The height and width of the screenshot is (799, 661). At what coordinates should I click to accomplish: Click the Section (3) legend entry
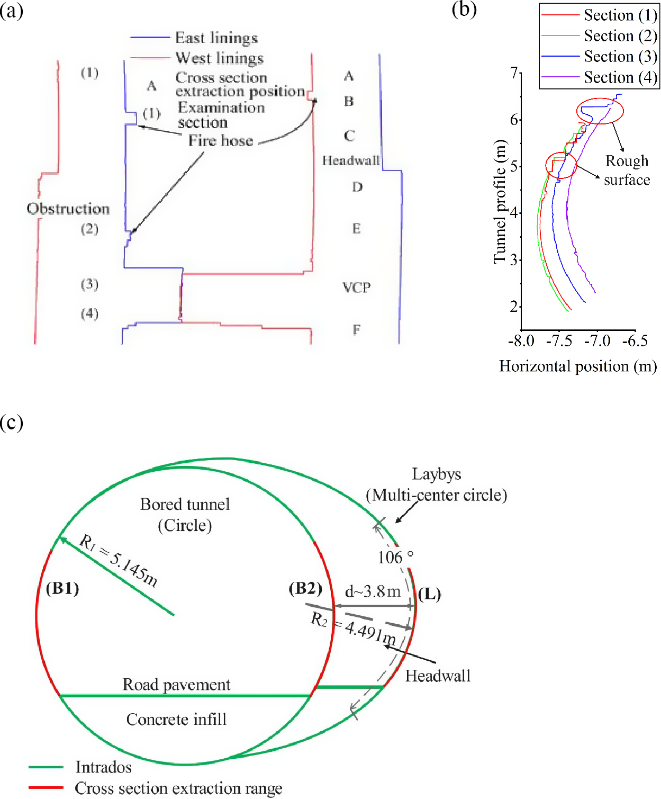[600, 57]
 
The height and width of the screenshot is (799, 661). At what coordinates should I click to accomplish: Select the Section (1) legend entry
[600, 15]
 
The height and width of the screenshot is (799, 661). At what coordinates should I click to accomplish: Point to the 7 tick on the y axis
[514, 73]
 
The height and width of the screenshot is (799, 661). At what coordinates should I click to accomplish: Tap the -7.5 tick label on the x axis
[559, 340]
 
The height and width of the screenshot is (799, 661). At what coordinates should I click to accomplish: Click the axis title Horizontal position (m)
[578, 366]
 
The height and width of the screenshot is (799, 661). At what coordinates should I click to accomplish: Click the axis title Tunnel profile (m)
[500, 202]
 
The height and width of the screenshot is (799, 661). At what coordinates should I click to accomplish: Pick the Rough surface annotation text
[627, 170]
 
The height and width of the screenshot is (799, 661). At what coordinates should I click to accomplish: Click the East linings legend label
[216, 38]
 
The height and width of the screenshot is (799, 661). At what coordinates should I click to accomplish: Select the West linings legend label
[220, 58]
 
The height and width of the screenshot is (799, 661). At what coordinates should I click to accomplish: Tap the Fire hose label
[221, 141]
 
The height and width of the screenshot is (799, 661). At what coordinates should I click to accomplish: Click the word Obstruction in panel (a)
[68, 209]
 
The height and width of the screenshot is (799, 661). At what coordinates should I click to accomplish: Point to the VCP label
[357, 288]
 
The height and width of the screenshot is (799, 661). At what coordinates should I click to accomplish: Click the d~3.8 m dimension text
[373, 591]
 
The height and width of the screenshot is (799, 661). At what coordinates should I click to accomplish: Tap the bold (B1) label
[62, 588]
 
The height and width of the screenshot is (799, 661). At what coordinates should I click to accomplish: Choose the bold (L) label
[430, 594]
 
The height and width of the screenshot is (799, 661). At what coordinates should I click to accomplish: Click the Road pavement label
[176, 685]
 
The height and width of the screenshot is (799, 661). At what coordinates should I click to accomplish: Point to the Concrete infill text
[176, 720]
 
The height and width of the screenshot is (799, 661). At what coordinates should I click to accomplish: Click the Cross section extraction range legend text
[179, 788]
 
